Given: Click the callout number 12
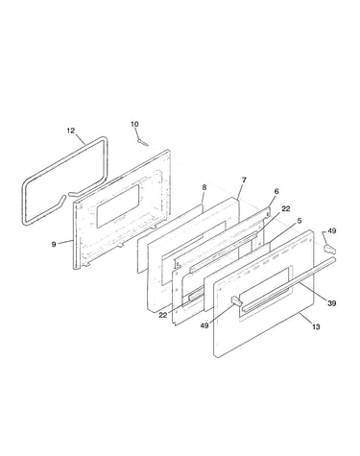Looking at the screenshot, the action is click(x=71, y=131).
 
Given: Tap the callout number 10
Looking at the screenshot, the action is click(x=134, y=124).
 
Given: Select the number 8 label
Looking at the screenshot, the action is click(x=204, y=187).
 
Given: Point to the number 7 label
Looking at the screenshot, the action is click(x=244, y=180).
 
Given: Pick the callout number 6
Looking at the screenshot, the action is click(x=276, y=191).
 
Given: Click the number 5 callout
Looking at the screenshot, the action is click(x=300, y=221).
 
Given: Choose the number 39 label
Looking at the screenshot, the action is click(x=332, y=303).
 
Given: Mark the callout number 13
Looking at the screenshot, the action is click(x=316, y=326).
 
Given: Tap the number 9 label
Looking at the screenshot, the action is click(x=54, y=245).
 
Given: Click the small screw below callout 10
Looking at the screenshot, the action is click(x=143, y=142).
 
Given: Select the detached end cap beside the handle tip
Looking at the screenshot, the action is click(x=329, y=248).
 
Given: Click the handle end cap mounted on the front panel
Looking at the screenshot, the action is click(x=236, y=300).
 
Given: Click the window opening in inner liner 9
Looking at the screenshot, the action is click(x=118, y=206).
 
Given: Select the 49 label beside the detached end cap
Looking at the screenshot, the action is click(x=332, y=230).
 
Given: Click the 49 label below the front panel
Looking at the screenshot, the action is click(x=204, y=325).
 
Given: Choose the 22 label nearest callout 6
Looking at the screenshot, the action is click(x=286, y=208).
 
